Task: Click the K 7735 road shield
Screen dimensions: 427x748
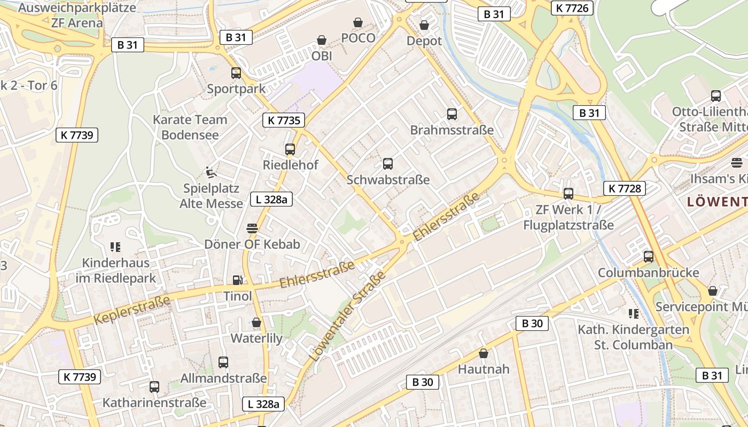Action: pos(284,120)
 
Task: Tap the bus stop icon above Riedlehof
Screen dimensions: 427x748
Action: pos(290,149)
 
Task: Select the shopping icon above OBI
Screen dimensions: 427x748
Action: pos(322,40)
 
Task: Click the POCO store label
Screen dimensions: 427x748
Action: pos(358,38)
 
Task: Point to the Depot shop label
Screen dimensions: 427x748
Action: pos(424,41)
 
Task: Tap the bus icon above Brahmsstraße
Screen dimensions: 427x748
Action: pos(452,114)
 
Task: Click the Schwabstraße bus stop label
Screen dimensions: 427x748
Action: pos(388,180)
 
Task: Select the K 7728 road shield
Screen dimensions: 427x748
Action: pos(625,188)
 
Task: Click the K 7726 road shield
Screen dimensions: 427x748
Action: pos(572,7)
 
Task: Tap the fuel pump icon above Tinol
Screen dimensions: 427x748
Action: pos(237,280)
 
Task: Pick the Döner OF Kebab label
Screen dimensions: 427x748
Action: pos(252,244)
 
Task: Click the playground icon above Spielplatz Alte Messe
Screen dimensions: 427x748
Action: pos(212,172)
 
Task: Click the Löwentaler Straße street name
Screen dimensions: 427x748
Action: pos(347,316)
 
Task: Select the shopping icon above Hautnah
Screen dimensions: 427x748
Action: pos(484,353)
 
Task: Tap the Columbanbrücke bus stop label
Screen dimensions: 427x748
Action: pos(648,273)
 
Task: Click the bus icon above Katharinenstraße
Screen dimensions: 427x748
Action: pos(154,387)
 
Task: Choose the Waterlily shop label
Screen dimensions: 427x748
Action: pos(256,338)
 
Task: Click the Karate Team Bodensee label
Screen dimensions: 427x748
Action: pos(190,127)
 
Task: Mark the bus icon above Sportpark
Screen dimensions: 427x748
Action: pos(236,73)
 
